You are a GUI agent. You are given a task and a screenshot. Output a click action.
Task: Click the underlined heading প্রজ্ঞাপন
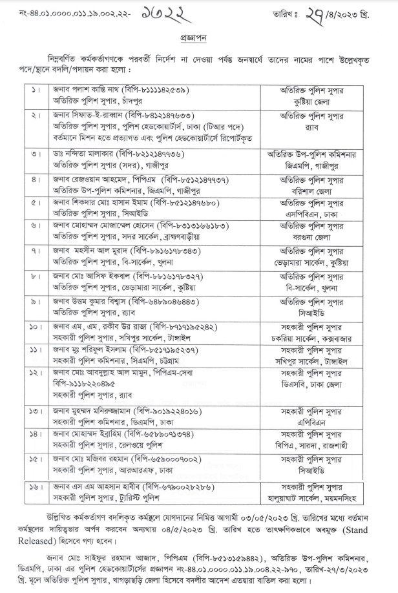[198, 38]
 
